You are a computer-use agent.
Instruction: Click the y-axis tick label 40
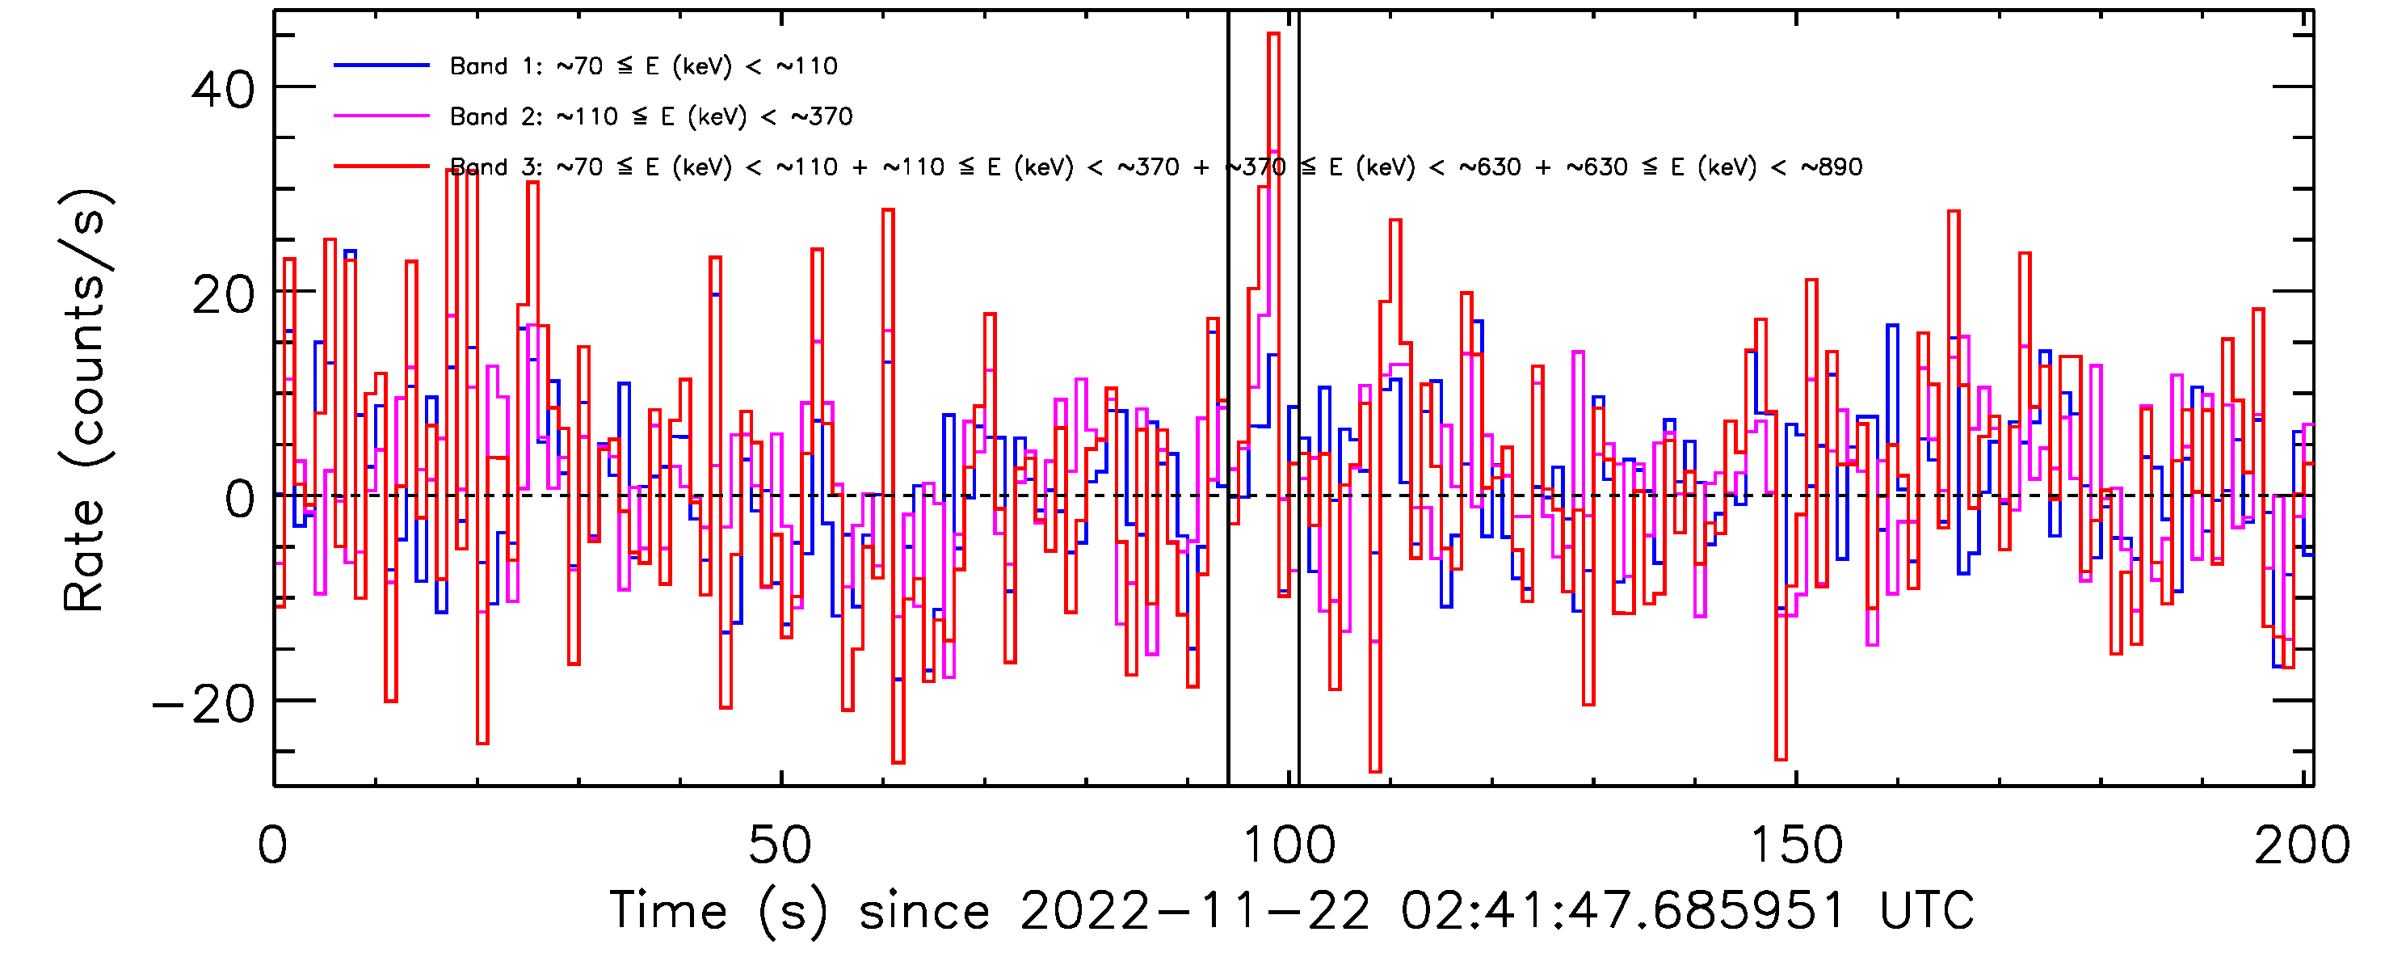[222, 90]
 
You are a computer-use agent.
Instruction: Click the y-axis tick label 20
[222, 296]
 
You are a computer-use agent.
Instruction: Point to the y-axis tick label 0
[239, 500]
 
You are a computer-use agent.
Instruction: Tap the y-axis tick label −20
[204, 705]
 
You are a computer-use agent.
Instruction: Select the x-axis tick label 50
[780, 845]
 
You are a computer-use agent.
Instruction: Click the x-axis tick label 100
[1288, 845]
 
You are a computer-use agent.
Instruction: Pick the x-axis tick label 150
[1795, 845]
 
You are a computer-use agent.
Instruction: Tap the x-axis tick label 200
[2302, 845]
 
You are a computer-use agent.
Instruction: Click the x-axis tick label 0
[272, 845]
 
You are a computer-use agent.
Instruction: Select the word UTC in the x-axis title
[1927, 910]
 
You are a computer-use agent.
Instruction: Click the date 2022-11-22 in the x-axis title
[1194, 910]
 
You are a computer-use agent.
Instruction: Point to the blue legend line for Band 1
[381, 65]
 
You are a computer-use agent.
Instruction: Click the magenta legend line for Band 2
[381, 116]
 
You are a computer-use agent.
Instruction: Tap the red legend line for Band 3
[381, 167]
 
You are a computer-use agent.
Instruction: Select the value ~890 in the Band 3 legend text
[1831, 167]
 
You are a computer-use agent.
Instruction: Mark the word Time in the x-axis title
[668, 910]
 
